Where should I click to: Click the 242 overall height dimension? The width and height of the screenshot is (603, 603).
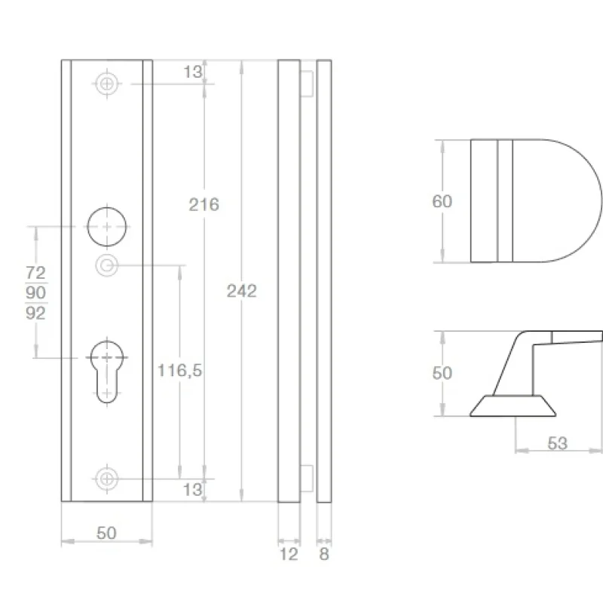(x=241, y=291)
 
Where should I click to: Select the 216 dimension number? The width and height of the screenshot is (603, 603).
(x=204, y=204)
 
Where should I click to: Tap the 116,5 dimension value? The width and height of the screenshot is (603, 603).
(x=179, y=370)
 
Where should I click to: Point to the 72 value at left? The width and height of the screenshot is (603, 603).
(x=35, y=273)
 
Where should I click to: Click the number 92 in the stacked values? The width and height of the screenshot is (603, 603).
(x=35, y=313)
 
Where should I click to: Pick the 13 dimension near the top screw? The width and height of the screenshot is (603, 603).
(x=192, y=72)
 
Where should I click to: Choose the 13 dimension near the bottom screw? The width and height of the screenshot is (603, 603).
(x=192, y=489)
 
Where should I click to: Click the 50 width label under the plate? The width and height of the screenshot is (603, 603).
(x=106, y=533)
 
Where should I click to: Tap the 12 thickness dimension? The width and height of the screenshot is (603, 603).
(x=289, y=554)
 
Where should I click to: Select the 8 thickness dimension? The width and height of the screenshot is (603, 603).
(x=324, y=554)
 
